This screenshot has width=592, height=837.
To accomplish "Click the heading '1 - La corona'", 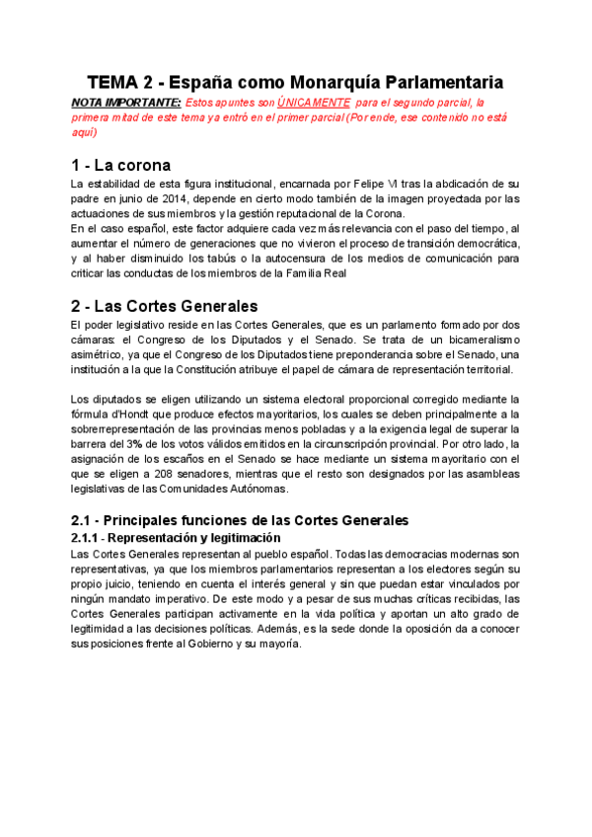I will click(121, 165).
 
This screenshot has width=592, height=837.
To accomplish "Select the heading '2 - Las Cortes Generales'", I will click(165, 305).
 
